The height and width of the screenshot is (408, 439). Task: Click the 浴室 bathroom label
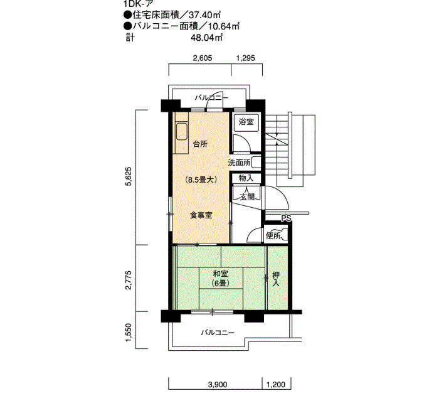(x=246, y=122)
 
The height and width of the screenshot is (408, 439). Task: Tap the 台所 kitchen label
(x=201, y=144)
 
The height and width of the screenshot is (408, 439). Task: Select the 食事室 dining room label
(x=201, y=215)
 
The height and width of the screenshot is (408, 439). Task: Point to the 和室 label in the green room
(x=220, y=274)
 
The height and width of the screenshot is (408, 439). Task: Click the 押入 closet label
(x=276, y=279)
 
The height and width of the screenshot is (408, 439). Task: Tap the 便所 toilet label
(x=273, y=236)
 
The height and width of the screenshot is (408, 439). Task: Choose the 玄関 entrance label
(x=247, y=197)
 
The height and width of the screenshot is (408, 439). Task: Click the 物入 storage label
(x=246, y=178)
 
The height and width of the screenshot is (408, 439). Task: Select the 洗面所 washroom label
(x=239, y=163)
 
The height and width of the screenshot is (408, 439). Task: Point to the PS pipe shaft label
(x=287, y=218)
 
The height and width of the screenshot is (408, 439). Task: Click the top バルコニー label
(x=212, y=98)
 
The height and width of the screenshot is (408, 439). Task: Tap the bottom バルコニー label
(x=218, y=333)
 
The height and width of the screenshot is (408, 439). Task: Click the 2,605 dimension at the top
(x=203, y=58)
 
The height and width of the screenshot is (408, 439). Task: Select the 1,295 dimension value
(x=246, y=58)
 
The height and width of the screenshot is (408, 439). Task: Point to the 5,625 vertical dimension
(x=129, y=176)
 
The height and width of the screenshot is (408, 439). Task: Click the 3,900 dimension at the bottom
(x=218, y=384)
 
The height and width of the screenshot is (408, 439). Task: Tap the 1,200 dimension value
(x=276, y=384)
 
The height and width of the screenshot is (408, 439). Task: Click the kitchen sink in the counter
(x=181, y=132)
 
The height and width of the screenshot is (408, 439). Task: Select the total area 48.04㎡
(x=206, y=37)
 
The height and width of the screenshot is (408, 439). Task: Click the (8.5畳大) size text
(x=201, y=180)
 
